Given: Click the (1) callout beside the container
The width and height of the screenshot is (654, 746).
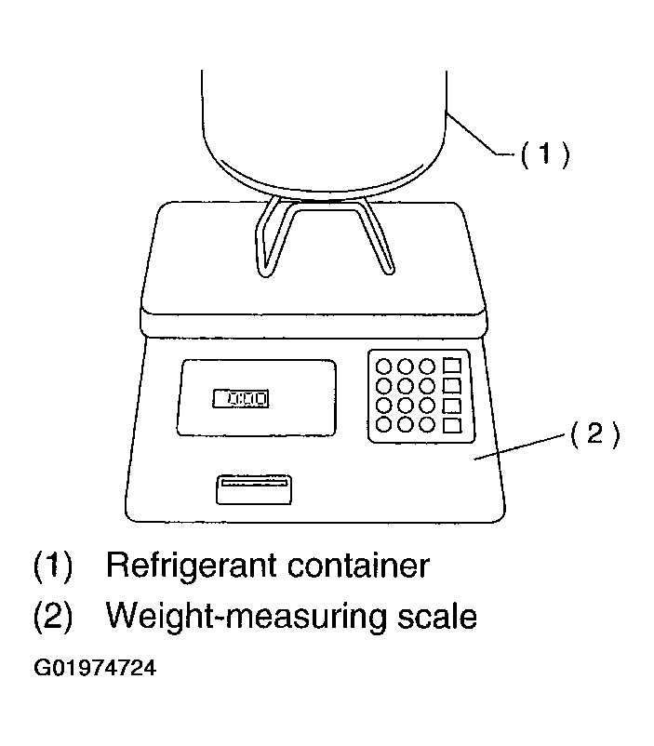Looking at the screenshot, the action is [x=545, y=153].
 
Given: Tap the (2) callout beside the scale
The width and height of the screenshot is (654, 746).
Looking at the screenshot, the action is [x=595, y=433].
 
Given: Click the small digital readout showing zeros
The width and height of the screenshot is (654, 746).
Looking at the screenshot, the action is [x=241, y=398].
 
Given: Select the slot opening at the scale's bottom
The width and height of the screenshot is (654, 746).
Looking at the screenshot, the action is [x=254, y=489].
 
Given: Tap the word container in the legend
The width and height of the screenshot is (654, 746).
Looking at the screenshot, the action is [x=358, y=566].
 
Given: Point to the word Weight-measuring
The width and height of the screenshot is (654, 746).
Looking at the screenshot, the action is [x=245, y=616].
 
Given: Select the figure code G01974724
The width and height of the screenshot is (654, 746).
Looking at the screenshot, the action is [x=95, y=668].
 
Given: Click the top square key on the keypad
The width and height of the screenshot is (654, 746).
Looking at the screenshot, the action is [x=452, y=366].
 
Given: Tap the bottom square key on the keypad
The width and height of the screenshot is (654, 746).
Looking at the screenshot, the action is [x=452, y=425].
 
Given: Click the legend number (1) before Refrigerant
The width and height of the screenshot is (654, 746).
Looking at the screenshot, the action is [x=53, y=566].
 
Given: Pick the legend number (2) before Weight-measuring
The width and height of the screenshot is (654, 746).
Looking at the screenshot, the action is [x=53, y=616].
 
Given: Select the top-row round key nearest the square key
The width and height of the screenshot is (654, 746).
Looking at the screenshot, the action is [x=426, y=366].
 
